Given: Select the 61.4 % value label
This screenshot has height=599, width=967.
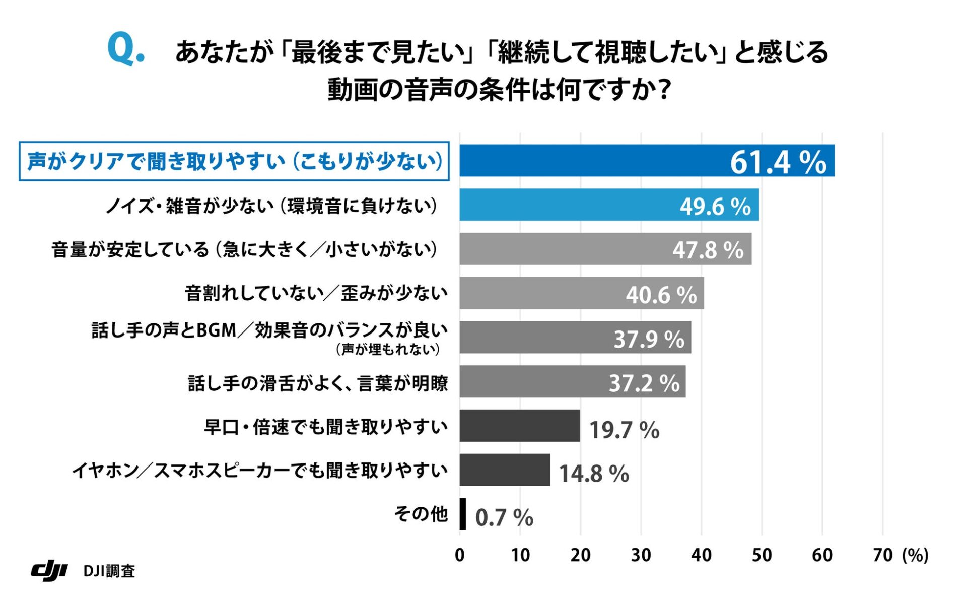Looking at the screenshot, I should point(778,162).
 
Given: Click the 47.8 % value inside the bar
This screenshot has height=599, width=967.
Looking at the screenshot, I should point(708,250).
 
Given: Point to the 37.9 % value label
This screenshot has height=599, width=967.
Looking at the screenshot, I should point(649,339).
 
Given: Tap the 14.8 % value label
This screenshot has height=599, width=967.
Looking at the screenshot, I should point(594,474).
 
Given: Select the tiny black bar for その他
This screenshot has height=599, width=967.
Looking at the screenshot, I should point(462,514).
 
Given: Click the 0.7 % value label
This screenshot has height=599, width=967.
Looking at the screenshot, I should point(504,517).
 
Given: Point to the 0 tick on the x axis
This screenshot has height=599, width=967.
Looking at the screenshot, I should point(459,555).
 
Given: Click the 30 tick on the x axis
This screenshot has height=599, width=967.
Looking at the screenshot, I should point(641,555).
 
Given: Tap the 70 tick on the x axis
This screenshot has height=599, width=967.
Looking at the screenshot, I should point(882,555).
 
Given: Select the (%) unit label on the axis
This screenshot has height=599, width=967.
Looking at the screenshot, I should point(915,555).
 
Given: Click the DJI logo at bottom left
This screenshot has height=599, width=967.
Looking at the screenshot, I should point(49,570).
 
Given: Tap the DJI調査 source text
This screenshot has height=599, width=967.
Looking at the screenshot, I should point(109,571).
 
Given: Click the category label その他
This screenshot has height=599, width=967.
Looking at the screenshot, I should point(421,514).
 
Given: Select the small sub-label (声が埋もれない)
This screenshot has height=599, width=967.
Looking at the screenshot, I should point(387,349).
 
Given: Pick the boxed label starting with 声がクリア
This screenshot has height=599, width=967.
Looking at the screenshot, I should point(234,161).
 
